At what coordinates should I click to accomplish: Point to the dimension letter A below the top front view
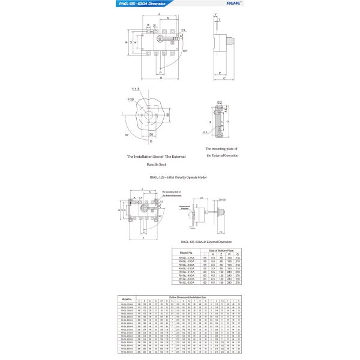pyautogui.click(x=161, y=78)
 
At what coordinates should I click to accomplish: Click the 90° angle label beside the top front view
pyautogui.click(x=185, y=51)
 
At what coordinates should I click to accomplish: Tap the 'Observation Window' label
pyautogui.click(x=184, y=206)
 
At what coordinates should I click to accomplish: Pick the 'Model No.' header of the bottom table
pyautogui.click(x=127, y=298)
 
